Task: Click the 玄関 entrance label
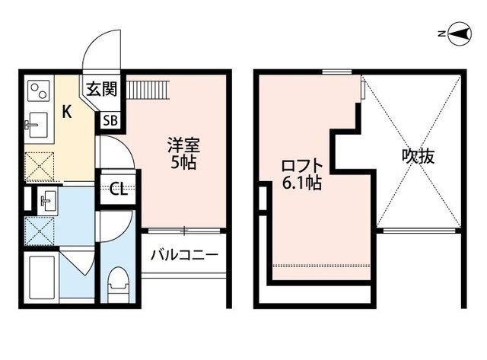coord(101,89)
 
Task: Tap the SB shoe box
coord(110,120)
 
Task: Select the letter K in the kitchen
coord(67,112)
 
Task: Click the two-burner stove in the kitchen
coord(39,91)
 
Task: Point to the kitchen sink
coord(37,125)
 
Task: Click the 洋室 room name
coord(183,145)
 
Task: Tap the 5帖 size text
coord(183,162)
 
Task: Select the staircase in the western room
coord(148,90)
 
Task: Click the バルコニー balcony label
coord(184,255)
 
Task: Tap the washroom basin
coord(48,200)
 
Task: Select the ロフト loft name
coord(301,167)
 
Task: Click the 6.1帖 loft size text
coord(301,183)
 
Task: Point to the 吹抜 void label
coord(418,157)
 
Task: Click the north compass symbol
coord(460,33)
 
